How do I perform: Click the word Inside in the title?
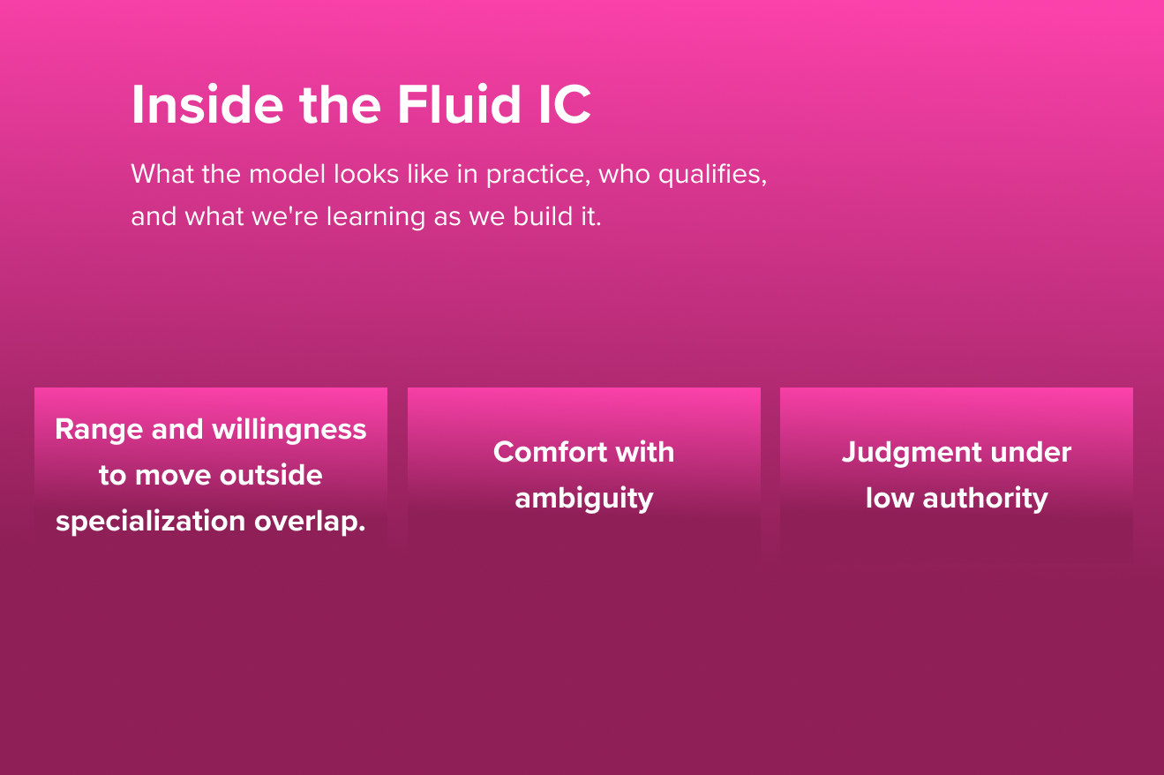pyautogui.click(x=207, y=104)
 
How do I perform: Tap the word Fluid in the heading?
pyautogui.click(x=459, y=104)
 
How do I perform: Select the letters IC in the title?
pyautogui.click(x=565, y=104)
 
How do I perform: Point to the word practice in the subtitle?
pyautogui.click(x=538, y=175)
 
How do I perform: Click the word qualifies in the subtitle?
pyautogui.click(x=712, y=175)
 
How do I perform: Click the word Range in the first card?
pyautogui.click(x=99, y=431)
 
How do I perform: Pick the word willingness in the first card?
pyautogui.click(x=289, y=431)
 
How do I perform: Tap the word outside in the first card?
pyautogui.click(x=271, y=475)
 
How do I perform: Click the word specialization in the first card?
pyautogui.click(x=151, y=522)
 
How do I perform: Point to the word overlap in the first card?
pyautogui.click(x=310, y=522)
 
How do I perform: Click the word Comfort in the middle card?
pyautogui.click(x=551, y=452)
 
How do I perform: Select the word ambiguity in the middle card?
pyautogui.click(x=584, y=499)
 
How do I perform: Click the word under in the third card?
pyautogui.click(x=1031, y=452)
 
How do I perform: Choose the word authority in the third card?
pyautogui.click(x=985, y=499)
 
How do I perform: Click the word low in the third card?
pyautogui.click(x=890, y=498)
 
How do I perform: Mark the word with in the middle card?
pyautogui.click(x=645, y=452)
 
